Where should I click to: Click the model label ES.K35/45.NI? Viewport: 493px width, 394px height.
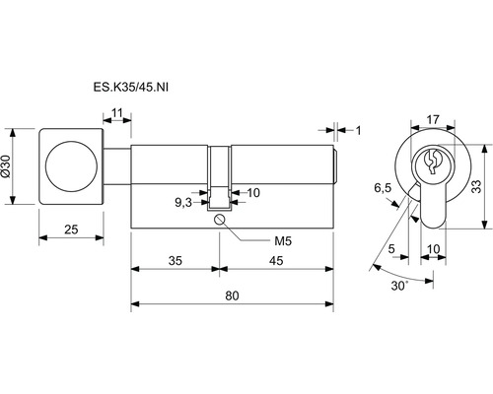(x=130, y=88)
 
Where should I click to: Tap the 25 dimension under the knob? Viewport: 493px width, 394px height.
(x=71, y=230)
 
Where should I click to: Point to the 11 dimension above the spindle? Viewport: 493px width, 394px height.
(x=116, y=113)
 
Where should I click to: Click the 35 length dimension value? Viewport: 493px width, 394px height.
(x=176, y=261)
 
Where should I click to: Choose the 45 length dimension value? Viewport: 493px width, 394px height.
(x=276, y=261)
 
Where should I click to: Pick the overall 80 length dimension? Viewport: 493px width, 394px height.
(x=232, y=295)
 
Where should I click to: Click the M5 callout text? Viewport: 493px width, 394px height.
(x=283, y=241)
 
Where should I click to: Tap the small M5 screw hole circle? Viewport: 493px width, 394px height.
(x=219, y=220)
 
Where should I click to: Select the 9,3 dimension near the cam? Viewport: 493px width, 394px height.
(x=183, y=203)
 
